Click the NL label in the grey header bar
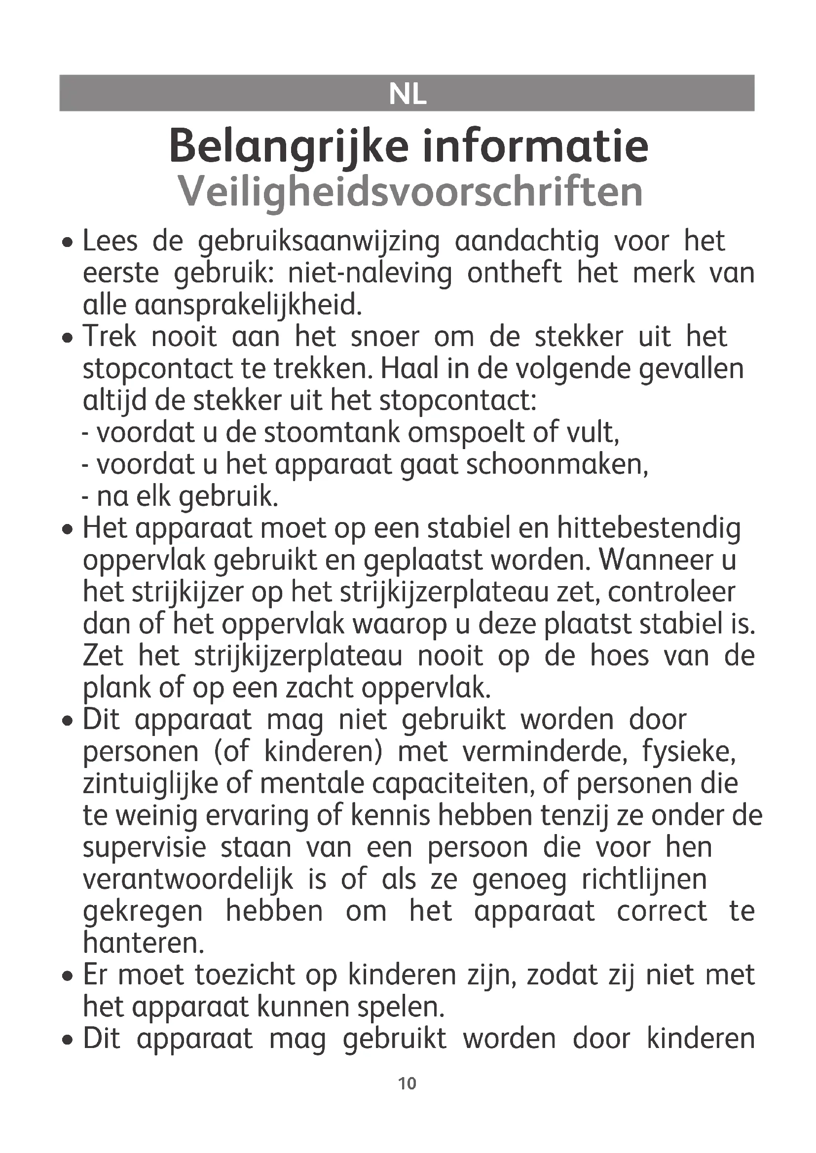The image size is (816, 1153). (x=408, y=94)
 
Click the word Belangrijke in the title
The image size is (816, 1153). (x=288, y=147)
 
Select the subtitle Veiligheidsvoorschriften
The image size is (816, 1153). (x=410, y=192)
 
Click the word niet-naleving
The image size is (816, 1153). (x=370, y=274)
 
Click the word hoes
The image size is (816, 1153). (x=620, y=656)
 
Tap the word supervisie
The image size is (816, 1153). (x=144, y=848)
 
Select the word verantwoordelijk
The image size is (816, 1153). (x=188, y=880)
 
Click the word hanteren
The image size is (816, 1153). (x=143, y=943)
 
